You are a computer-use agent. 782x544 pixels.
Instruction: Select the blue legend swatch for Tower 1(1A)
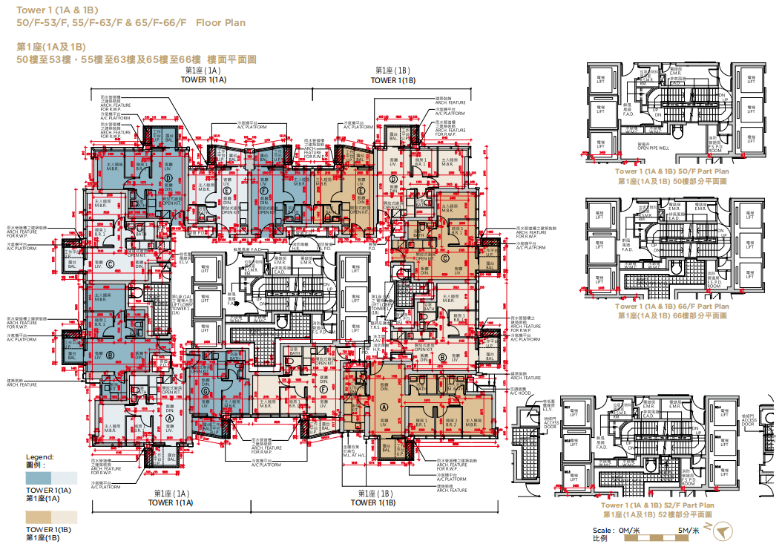tap(39, 478)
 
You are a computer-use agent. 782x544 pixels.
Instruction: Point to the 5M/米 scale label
tap(689, 530)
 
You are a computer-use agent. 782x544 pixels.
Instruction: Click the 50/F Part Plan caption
tap(672, 171)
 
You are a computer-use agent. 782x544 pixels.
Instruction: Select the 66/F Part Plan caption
tap(672, 306)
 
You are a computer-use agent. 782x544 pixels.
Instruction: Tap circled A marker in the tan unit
tap(384, 407)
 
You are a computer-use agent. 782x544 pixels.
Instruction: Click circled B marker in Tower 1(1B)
tap(442, 356)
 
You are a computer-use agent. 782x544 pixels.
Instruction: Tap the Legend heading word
tap(40, 456)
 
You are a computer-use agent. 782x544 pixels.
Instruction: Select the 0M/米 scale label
tap(629, 530)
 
